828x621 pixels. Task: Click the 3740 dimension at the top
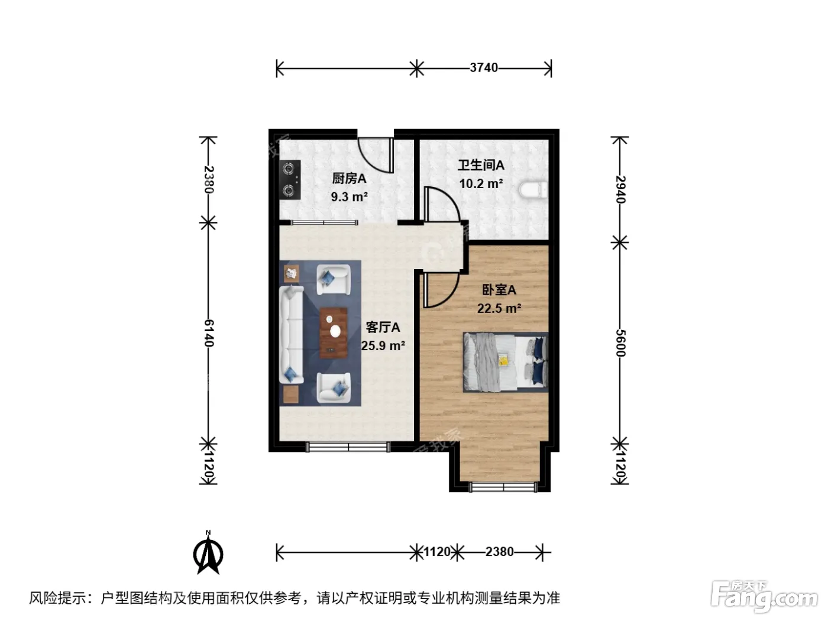484,68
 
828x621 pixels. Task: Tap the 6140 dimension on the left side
209,333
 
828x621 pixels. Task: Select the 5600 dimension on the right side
620,343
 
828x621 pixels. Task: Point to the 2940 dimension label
620,189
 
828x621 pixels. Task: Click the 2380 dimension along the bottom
499,552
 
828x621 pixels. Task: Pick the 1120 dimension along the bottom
437,552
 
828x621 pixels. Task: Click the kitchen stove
290,180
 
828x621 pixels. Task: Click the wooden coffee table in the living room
334,333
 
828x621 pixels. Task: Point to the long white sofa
291,335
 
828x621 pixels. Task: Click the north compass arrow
208,553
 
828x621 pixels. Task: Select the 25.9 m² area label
383,345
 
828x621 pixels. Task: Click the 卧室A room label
499,290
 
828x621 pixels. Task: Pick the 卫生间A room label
481,165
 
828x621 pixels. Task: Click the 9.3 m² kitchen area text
350,197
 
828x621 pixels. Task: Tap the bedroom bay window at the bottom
503,487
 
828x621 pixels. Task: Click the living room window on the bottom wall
348,447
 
